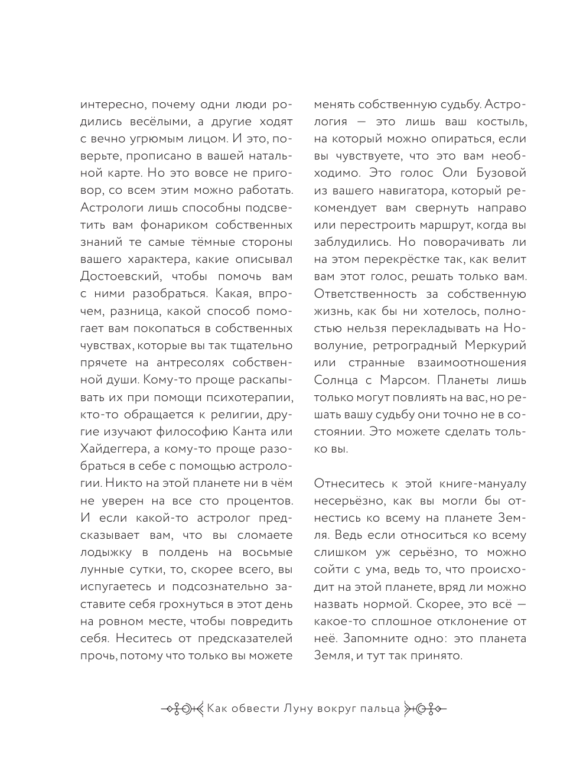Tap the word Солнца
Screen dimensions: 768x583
(338, 380)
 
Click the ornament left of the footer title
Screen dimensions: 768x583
(181, 708)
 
